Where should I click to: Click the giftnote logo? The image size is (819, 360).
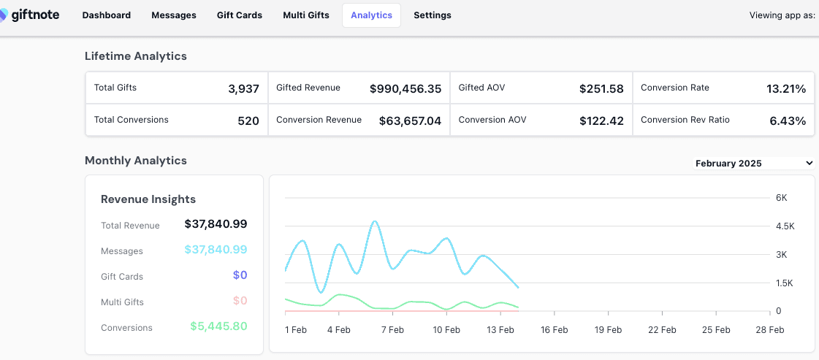pos(29,15)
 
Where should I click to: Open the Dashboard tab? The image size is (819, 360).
pos(107,15)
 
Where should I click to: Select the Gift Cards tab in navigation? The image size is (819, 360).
pos(239,15)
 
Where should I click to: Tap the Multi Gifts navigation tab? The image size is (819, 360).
pos(306,15)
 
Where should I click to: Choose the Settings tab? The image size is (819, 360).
pos(433,15)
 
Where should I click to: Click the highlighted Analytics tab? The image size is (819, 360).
pos(371,15)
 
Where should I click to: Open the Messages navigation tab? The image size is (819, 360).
pos(174,15)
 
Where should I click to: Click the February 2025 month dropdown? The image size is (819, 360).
pos(754,164)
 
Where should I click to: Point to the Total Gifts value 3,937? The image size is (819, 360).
pos(243,88)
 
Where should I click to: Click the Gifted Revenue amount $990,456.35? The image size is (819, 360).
pos(405,88)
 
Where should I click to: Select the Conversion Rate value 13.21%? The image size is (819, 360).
pos(786,88)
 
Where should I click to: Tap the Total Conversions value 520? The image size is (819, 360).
pos(248,121)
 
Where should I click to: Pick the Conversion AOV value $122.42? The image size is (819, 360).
pos(601,121)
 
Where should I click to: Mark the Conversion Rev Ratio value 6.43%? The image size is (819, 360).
pos(788,121)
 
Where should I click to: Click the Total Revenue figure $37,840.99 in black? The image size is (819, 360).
pos(216,224)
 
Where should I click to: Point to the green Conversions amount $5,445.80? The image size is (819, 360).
pos(218,326)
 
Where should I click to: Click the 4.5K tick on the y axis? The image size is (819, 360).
pos(785,226)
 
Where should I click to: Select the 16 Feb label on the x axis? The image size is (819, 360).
pos(555,330)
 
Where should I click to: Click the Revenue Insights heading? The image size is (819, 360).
pos(148,199)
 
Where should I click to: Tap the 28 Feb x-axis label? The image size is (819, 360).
pos(770,330)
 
